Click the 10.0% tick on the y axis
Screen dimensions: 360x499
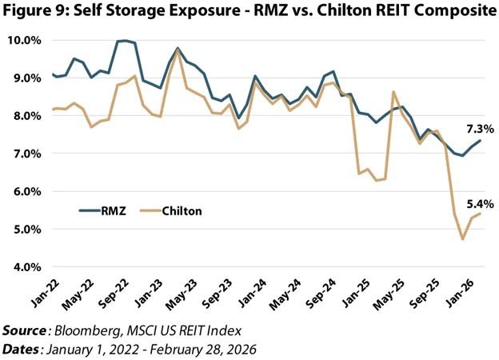pyautogui.click(x=26, y=40)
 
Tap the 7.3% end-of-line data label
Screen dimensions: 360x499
pyautogui.click(x=480, y=129)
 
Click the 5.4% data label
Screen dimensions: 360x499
pyautogui.click(x=480, y=204)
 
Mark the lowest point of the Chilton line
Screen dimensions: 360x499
pyautogui.click(x=462, y=238)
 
